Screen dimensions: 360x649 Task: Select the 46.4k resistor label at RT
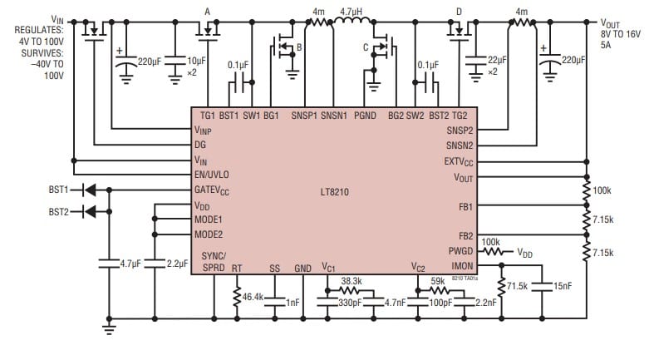253,296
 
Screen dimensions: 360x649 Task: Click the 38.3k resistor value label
353,281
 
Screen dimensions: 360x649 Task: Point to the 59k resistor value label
438,281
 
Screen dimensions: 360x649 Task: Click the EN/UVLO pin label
211,175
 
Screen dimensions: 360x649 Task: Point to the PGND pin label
366,114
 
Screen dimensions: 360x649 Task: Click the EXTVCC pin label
458,161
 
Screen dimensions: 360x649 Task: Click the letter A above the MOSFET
207,11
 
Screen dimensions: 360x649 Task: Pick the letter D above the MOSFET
459,11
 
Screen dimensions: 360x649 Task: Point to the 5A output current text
607,47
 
